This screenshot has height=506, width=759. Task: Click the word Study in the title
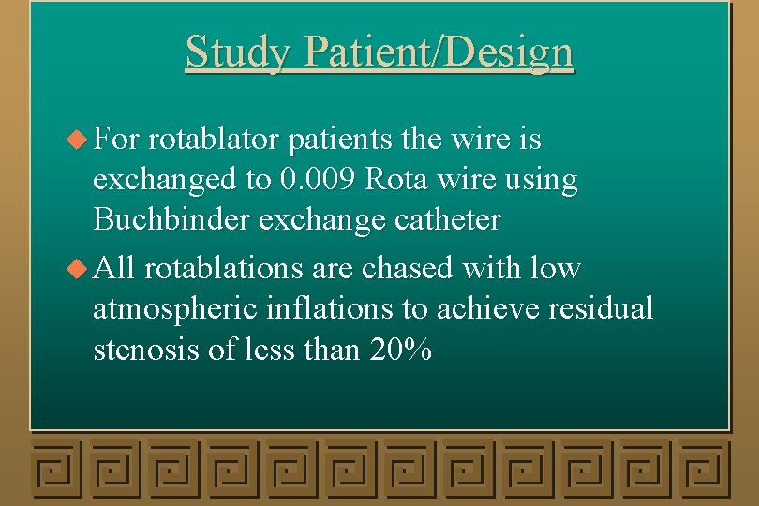click(238, 52)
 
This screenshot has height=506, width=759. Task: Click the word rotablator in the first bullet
click(214, 141)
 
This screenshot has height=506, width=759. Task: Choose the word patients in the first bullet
click(340, 141)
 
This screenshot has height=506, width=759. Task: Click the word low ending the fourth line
click(555, 269)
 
